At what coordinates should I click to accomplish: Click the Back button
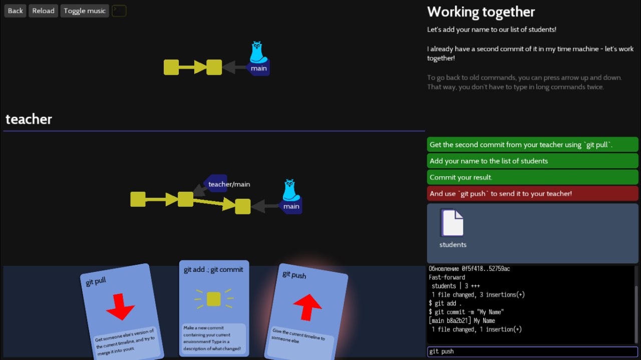click(15, 11)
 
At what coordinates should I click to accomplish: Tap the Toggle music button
click(85, 11)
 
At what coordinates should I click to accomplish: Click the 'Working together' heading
click(481, 12)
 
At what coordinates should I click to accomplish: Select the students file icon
click(452, 223)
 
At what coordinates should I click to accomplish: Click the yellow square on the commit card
click(213, 299)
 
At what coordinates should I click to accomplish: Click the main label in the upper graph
click(259, 69)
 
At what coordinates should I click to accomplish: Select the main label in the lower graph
click(291, 206)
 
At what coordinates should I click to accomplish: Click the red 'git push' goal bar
click(532, 193)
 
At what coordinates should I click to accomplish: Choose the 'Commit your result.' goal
click(532, 177)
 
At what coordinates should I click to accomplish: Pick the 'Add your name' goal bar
click(532, 161)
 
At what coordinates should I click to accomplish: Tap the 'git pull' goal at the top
click(532, 145)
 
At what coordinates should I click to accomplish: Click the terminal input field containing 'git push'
click(532, 351)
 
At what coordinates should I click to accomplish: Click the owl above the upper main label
click(258, 52)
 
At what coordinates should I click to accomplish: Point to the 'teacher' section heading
click(29, 119)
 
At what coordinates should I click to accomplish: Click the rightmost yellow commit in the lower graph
click(243, 206)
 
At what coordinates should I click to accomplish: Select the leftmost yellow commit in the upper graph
click(171, 67)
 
